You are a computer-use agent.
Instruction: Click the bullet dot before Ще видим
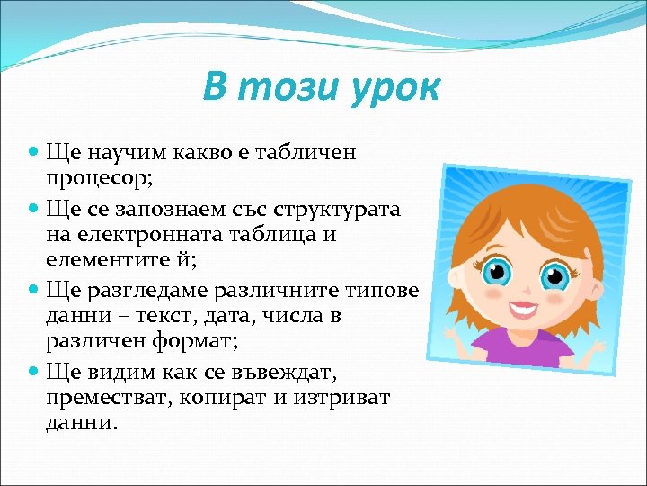click(x=33, y=372)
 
